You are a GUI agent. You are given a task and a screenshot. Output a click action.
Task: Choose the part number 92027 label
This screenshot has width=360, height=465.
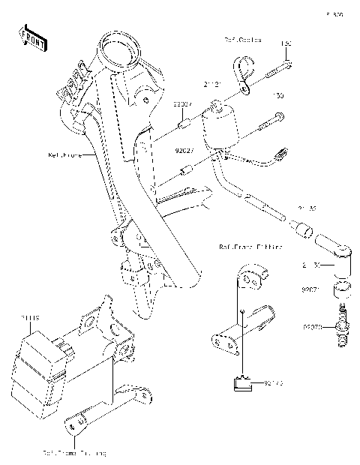point(184,150)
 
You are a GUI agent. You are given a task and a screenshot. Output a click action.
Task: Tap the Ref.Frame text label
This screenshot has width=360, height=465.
point(64,156)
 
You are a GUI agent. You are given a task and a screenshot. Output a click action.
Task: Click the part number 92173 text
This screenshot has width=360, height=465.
point(273,383)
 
